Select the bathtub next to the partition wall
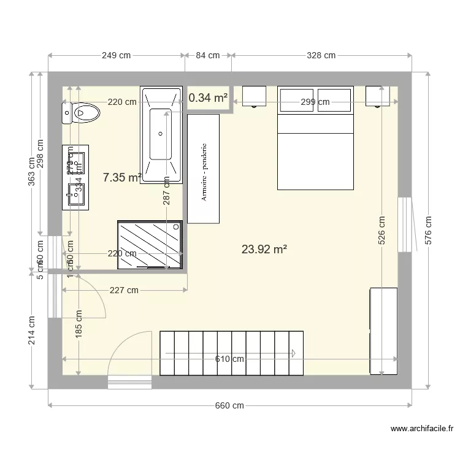point(162,135)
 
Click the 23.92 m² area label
point(264,249)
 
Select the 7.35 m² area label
point(122,177)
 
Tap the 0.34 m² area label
point(208,98)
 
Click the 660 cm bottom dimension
point(230,405)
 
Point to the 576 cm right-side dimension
point(427,229)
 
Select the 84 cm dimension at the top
point(208,55)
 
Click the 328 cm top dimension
point(321,55)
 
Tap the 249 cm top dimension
point(116,55)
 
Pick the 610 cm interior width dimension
point(229,359)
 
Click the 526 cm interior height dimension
point(381,229)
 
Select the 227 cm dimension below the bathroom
point(123,291)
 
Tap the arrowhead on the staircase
point(294,353)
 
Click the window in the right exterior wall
point(405,224)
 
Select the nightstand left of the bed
point(254,96)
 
